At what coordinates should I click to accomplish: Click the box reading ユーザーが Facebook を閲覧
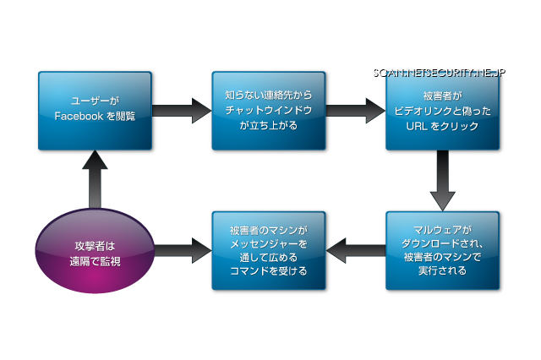(x=95, y=110)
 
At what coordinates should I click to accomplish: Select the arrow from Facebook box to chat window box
(x=181, y=111)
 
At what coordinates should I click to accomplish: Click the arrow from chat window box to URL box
(x=355, y=111)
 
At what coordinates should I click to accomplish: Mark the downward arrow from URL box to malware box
(x=442, y=181)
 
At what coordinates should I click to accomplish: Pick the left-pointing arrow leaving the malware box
(x=355, y=251)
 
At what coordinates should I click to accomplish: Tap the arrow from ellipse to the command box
(x=181, y=251)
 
